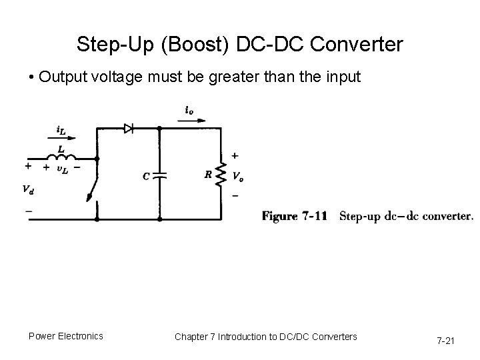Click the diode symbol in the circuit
point(129,128)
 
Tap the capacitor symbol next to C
point(159,175)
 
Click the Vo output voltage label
point(238,176)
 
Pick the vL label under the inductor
point(61,170)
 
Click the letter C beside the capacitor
point(146,176)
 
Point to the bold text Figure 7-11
point(294,216)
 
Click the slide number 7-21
point(445,341)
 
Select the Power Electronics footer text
point(65,336)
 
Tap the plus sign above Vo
point(235,155)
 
